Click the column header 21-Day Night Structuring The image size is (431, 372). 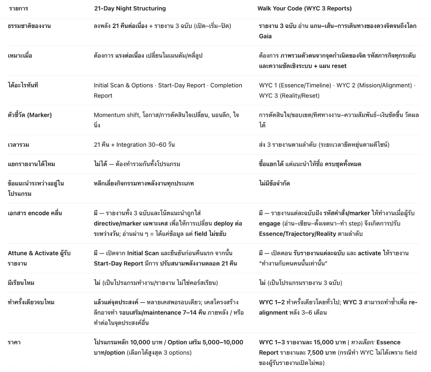tap(130, 9)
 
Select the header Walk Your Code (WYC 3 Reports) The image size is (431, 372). tap(304, 9)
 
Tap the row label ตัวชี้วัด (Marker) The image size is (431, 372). tap(30, 115)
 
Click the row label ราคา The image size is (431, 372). tap(14, 342)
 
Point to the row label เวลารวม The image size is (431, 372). tap(18, 145)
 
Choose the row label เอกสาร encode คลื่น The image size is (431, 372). tap(35, 213)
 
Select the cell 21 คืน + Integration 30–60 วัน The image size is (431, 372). tap(134, 145)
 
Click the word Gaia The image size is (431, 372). tap(265, 36)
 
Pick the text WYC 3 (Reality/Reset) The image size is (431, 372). tap(289, 96)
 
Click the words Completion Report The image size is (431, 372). tap(168, 91)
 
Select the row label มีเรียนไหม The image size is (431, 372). tap(21, 283)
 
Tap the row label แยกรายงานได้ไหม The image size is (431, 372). tap(31, 164)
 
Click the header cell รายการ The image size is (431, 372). tap(18, 9)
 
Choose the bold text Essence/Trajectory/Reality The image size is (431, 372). tap(297, 234)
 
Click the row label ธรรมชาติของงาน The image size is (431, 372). tap(29, 26)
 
